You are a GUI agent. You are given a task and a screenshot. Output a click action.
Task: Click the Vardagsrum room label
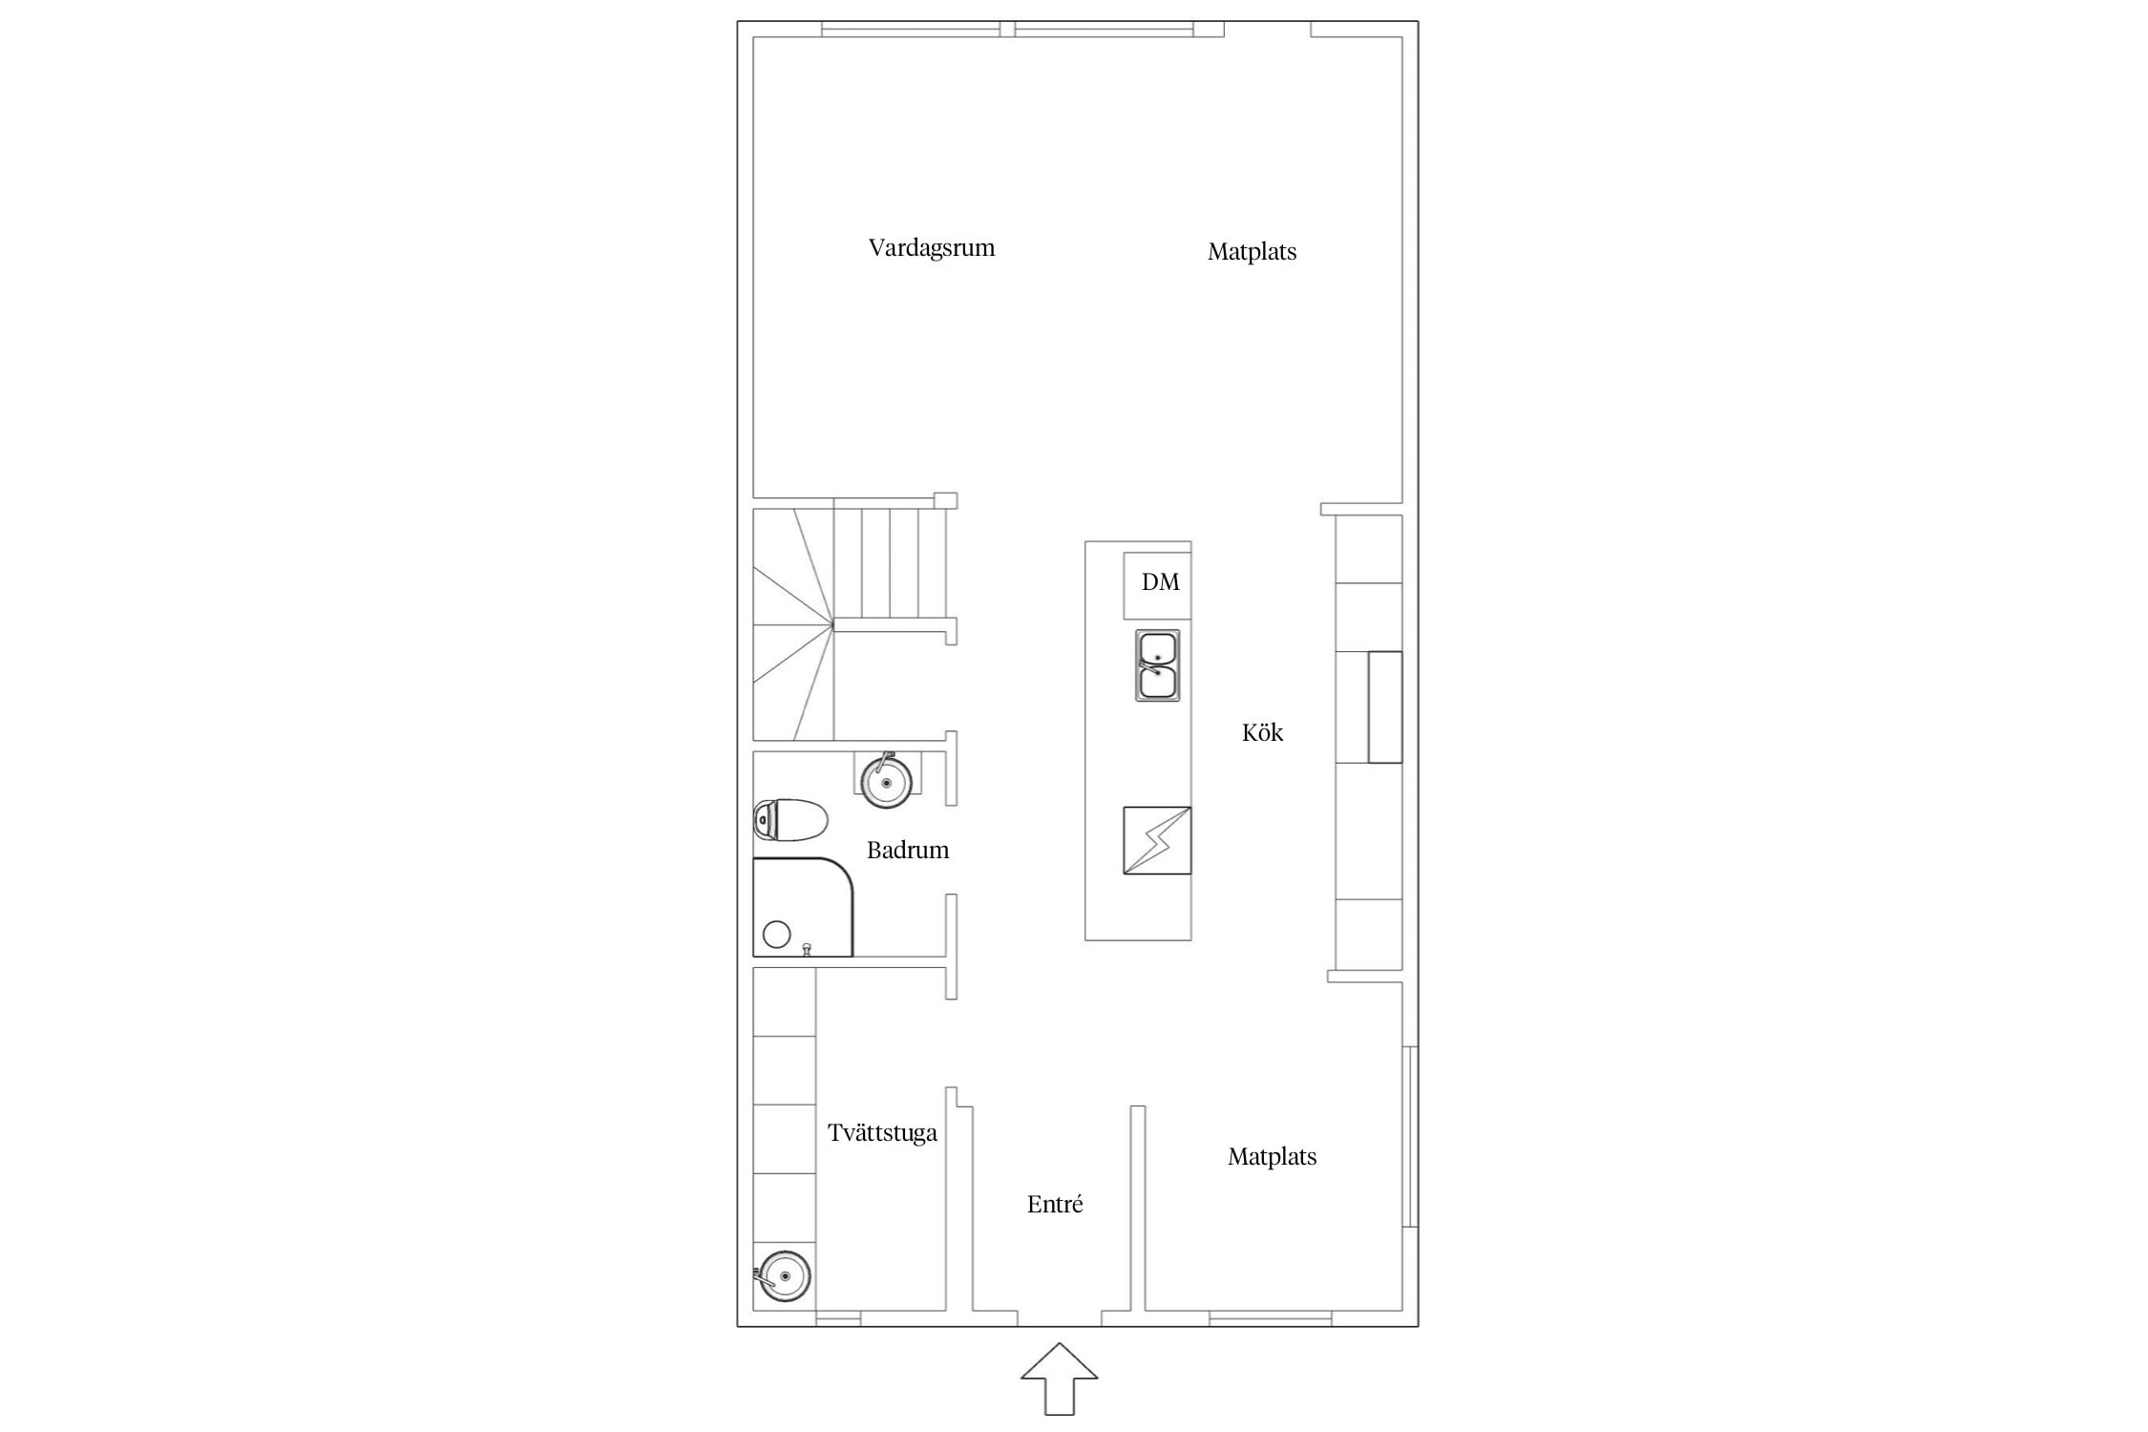(932, 248)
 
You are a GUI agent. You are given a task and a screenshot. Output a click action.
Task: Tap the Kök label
(1262, 732)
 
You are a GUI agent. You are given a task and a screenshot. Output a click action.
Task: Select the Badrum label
(908, 850)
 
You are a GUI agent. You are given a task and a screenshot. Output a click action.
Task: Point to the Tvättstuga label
(882, 1133)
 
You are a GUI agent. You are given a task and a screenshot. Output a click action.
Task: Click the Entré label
(1055, 1204)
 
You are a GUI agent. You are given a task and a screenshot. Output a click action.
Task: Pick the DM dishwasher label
(1161, 581)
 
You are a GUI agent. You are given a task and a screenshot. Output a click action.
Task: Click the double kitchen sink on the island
(1157, 665)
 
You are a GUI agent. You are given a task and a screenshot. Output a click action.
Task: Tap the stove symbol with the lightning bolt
(1157, 840)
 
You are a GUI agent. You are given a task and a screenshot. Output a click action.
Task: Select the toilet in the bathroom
(790, 819)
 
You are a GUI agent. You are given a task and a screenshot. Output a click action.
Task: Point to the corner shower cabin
(803, 907)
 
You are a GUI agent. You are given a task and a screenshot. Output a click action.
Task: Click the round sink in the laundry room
(783, 1274)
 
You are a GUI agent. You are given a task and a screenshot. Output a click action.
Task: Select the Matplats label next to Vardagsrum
(1252, 252)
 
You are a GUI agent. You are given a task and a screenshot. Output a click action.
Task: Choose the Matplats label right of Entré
(1272, 1157)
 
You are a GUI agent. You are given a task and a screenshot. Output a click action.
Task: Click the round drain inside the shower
(777, 935)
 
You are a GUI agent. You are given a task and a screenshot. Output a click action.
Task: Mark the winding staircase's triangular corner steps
(793, 624)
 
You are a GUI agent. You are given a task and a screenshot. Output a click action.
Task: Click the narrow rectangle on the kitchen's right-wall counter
(1385, 707)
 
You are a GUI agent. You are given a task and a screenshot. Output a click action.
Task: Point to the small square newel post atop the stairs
(945, 500)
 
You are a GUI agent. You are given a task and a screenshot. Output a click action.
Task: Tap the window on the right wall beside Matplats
(1410, 1136)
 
